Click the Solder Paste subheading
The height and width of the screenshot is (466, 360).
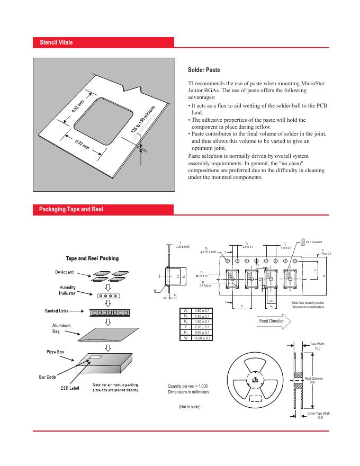[x=204, y=70]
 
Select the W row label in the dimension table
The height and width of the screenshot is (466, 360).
[x=185, y=337]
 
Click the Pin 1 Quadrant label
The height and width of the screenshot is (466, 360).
[x=317, y=241]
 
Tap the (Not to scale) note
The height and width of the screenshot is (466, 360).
[x=190, y=407]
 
